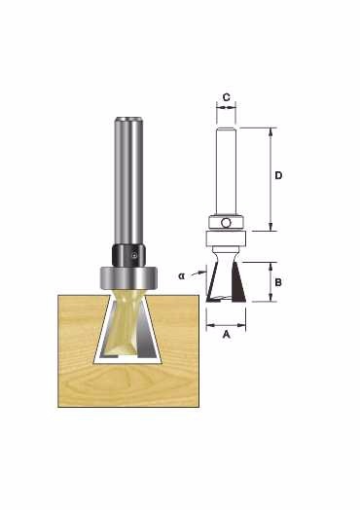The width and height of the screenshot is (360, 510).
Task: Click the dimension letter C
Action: pos(227,97)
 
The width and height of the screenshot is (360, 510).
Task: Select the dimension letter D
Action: pos(278,175)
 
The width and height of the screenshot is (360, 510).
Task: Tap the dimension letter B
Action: pos(278,282)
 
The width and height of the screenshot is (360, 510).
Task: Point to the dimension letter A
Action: pos(227,334)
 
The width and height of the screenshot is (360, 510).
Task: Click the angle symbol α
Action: pos(182,276)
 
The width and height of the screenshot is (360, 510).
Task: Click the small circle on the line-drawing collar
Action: pos(226,223)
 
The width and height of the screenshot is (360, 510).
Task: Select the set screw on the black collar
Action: pos(133,256)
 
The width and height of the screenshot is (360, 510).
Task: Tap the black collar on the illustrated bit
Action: pos(128,255)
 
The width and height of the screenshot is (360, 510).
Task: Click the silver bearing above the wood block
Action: pos(128,277)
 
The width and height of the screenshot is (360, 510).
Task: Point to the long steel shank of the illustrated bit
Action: pos(128,180)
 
